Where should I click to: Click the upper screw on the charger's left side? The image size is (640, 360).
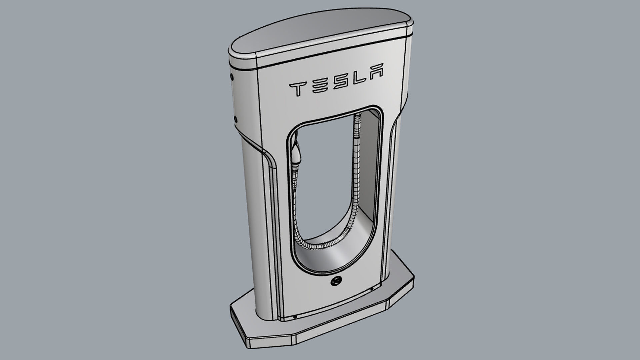point(232,77)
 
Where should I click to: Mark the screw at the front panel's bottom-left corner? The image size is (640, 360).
point(295,317)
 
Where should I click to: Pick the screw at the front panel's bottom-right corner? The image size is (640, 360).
point(372,289)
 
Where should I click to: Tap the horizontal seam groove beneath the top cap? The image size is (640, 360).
point(320,55)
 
